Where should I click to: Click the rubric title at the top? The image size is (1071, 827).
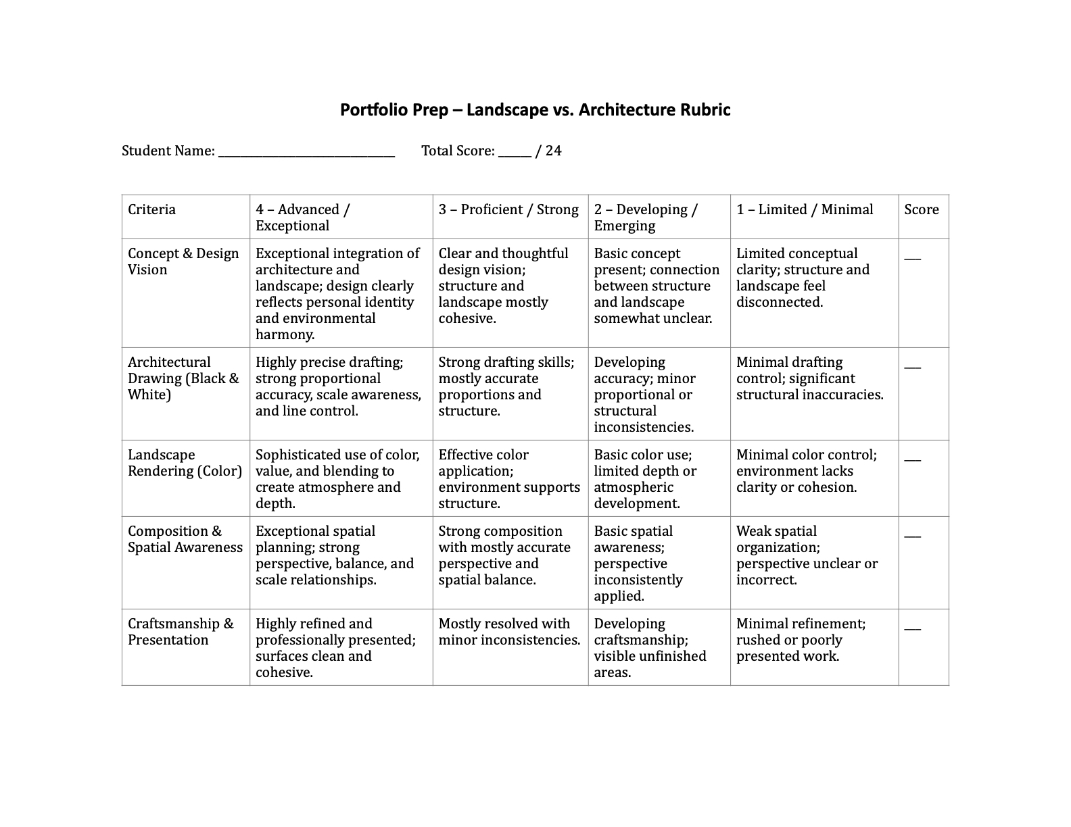click(535, 109)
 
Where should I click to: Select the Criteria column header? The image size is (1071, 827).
click(152, 209)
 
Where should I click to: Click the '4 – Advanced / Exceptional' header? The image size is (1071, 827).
click(302, 218)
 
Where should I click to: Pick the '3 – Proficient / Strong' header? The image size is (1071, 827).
click(508, 209)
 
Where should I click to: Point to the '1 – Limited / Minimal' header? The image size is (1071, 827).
click(805, 209)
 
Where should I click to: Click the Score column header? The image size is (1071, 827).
click(922, 209)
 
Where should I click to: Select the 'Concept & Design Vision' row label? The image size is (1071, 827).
click(183, 261)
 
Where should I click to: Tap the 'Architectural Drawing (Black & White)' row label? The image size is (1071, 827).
click(183, 378)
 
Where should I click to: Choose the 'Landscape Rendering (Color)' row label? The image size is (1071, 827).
click(185, 463)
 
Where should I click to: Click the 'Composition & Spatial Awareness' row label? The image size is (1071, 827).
click(185, 539)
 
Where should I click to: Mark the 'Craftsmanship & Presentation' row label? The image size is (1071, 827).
click(181, 632)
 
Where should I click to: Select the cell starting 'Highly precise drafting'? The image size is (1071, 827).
click(338, 386)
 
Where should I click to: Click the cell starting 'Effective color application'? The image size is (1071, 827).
click(508, 479)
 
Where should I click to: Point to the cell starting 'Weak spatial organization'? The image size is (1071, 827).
click(807, 555)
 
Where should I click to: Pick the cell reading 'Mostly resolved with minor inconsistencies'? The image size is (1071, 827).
click(508, 632)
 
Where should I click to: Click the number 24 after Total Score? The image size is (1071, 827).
click(553, 151)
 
